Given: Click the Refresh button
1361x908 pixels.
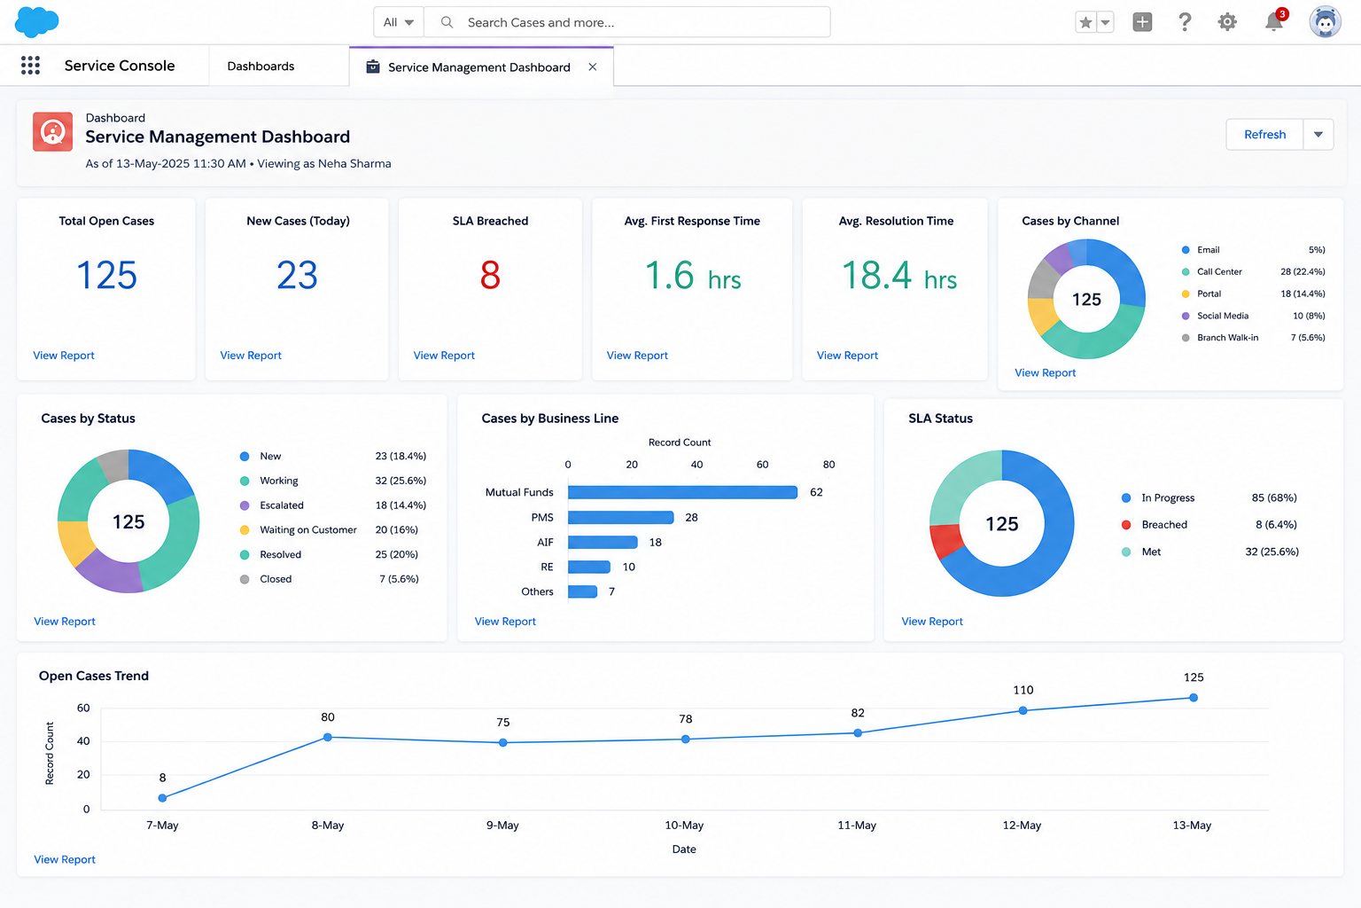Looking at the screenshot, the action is point(1264,135).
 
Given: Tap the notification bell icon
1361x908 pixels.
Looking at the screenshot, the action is point(1273,22).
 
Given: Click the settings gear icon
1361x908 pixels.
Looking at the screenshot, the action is point(1227,22).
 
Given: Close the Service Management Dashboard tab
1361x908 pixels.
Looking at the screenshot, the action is point(593,67).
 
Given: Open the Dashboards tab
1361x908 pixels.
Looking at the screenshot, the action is point(261,67).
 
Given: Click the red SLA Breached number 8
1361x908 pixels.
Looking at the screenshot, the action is point(490,275).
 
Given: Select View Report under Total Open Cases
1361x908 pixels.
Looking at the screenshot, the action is point(64,356).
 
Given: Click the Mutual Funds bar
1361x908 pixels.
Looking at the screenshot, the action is point(682,492).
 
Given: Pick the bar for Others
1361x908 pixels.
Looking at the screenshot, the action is point(583,591).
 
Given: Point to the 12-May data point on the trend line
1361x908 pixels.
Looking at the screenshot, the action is point(1023,710).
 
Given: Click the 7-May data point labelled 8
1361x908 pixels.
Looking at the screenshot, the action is point(162,798).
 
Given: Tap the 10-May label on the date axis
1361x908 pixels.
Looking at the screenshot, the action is point(684,826).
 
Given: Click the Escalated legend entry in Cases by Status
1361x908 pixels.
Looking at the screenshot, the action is point(272,505).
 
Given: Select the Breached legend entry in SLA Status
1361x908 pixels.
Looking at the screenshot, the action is point(1154,524).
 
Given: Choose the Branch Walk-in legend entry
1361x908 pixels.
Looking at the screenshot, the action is point(1220,338).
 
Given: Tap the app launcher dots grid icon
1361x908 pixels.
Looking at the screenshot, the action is point(30,65).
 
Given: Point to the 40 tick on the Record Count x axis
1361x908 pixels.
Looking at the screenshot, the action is point(696,465).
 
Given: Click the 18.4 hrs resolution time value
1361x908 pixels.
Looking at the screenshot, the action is point(899,276).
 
